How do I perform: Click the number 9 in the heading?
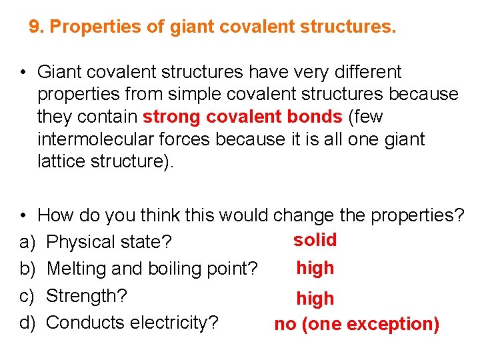[x=34, y=27]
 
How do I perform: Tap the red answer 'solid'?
[x=315, y=240]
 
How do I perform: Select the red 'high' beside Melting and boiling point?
[x=315, y=268]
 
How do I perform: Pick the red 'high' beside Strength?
[x=315, y=299]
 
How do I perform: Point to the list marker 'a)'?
[x=27, y=242]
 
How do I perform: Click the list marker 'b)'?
[x=27, y=269]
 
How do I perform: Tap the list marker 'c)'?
[x=27, y=295]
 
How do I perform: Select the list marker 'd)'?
[x=27, y=323]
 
